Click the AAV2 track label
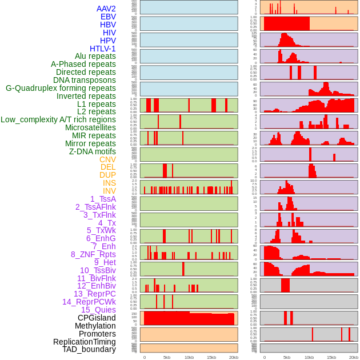click(106, 9)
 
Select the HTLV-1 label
click(102, 49)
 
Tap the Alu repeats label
click(95, 56)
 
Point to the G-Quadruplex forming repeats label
click(61, 88)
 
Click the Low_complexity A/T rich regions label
click(58, 119)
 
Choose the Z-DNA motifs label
click(92, 151)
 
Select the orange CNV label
click(107, 159)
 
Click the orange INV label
click(109, 191)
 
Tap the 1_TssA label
click(103, 199)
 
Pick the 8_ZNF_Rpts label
click(93, 254)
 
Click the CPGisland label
click(97, 318)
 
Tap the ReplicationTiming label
click(84, 342)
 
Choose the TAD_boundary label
click(89, 349)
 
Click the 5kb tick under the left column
click(167, 357)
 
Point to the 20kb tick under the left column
click(233, 357)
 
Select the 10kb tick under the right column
click(309, 357)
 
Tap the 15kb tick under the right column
click(331, 357)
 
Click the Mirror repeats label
click(90, 143)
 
